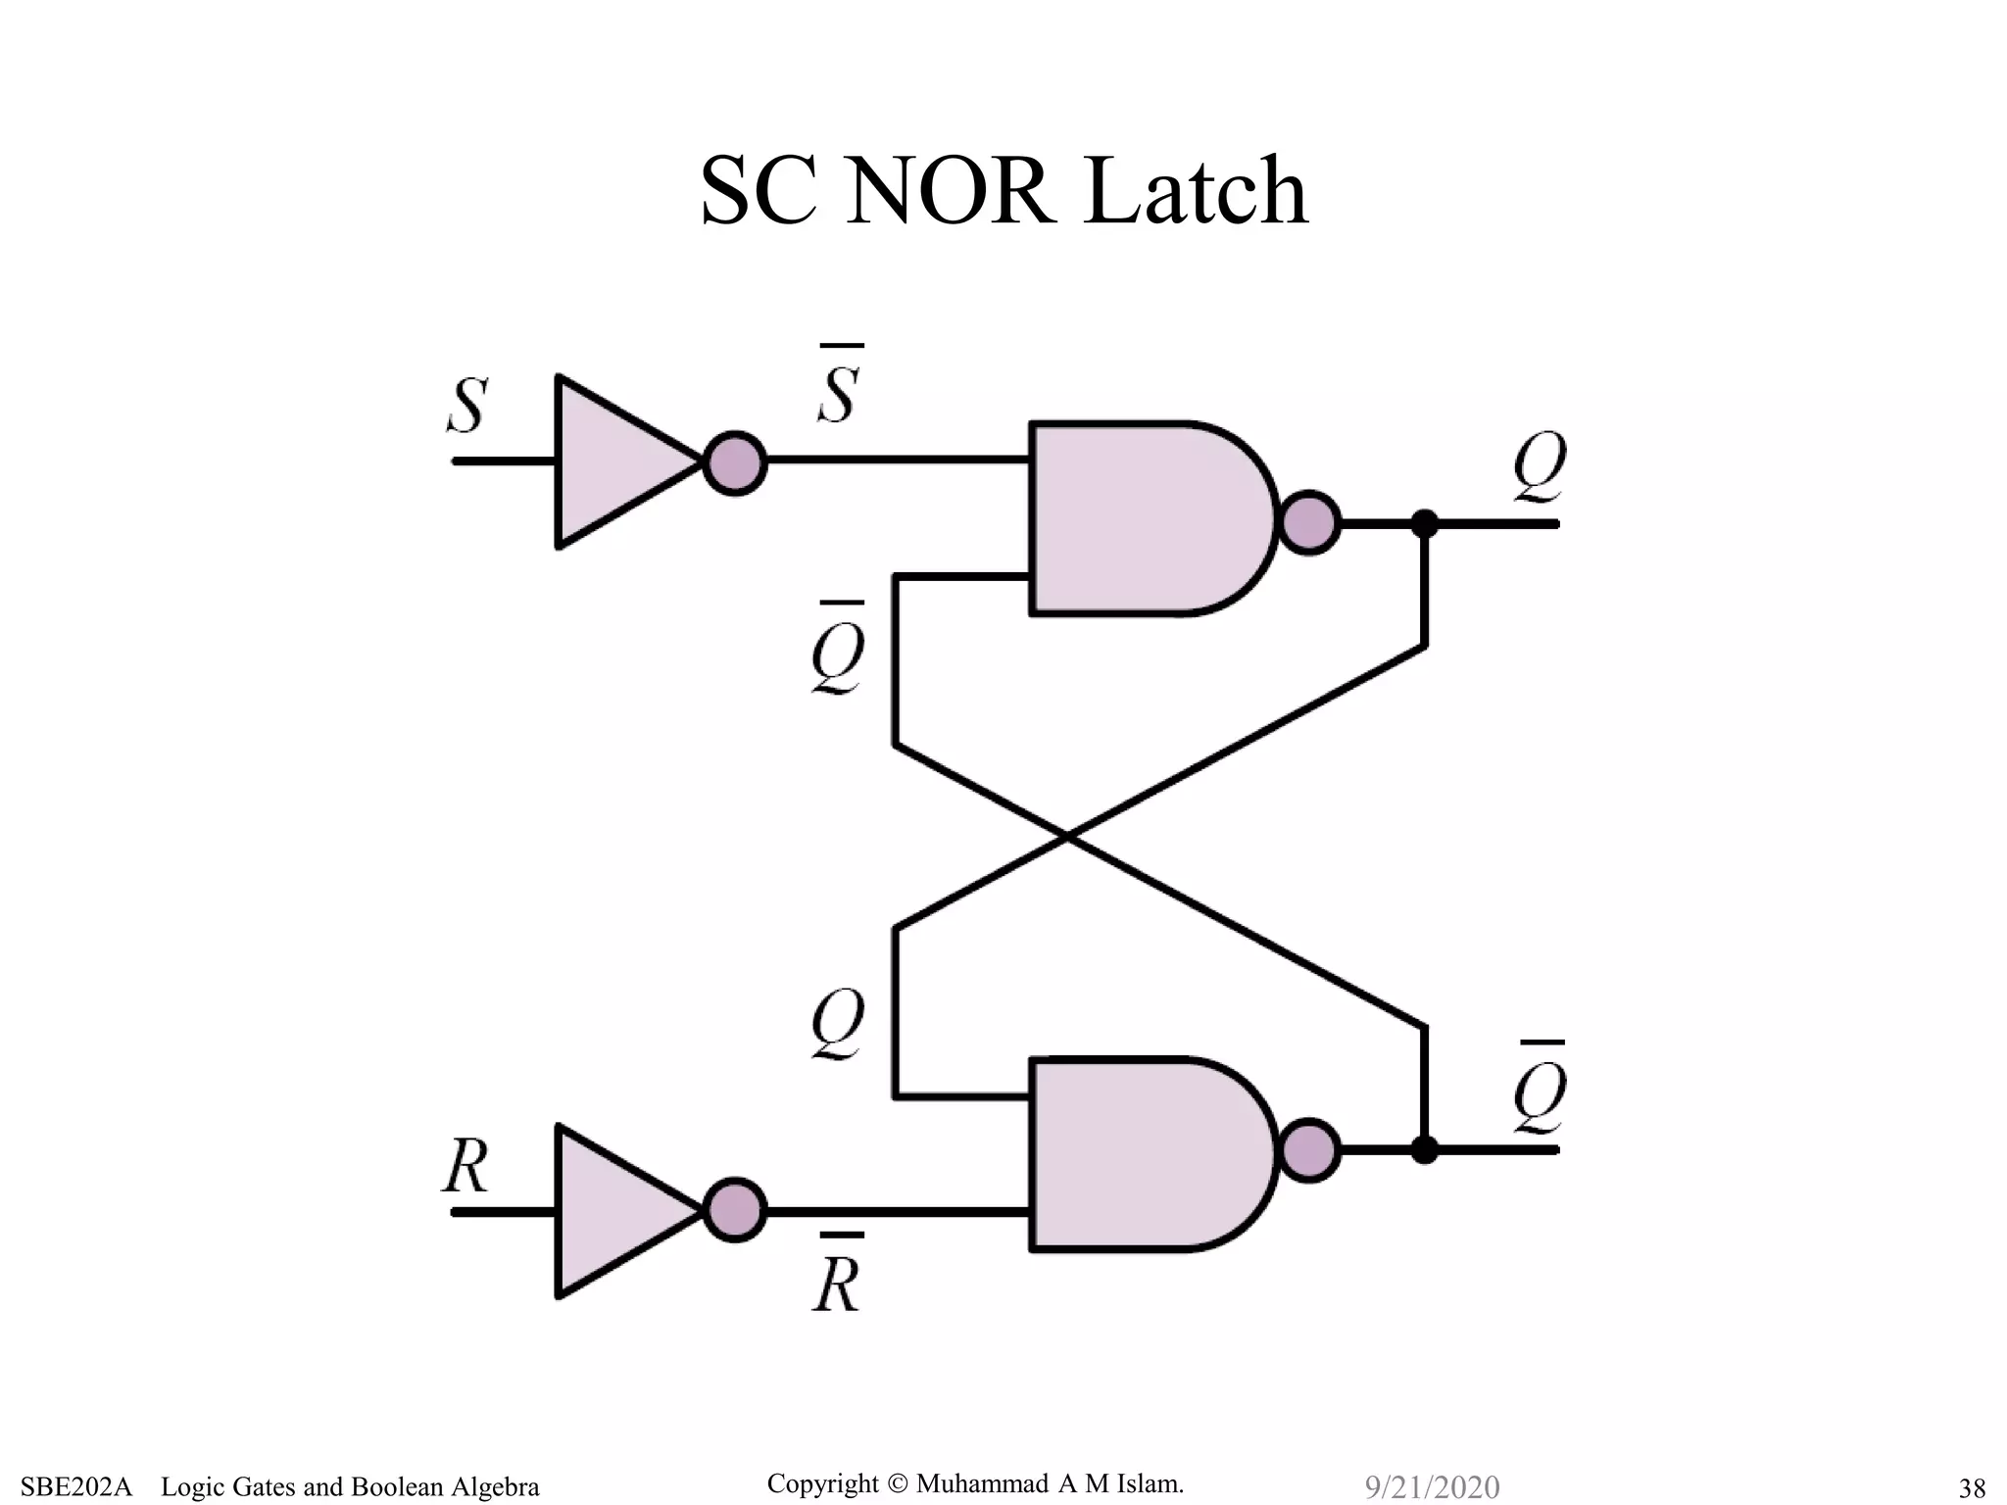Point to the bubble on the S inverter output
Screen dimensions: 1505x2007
pyautogui.click(x=735, y=462)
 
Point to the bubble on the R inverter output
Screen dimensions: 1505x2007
pyautogui.click(x=735, y=1211)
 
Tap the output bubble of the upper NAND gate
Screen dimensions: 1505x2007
pyautogui.click(x=1309, y=523)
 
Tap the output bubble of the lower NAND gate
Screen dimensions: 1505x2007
pyautogui.click(x=1309, y=1150)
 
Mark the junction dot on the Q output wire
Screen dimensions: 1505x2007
pyautogui.click(x=1425, y=524)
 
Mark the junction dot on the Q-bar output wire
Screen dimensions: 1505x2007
pyautogui.click(x=1425, y=1149)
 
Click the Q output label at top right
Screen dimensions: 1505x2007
pyautogui.click(x=1540, y=467)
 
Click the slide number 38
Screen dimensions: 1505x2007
pyautogui.click(x=1972, y=1488)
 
